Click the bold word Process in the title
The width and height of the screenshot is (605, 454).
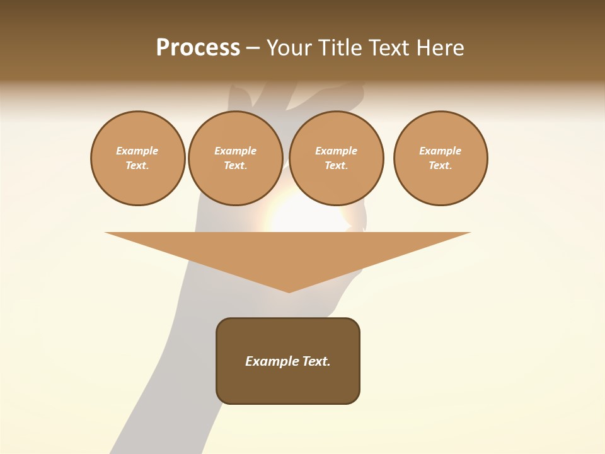(198, 48)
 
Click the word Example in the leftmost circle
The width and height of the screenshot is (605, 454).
(137, 151)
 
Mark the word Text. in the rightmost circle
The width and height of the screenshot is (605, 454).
(441, 166)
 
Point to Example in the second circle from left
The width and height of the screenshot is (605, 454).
(235, 151)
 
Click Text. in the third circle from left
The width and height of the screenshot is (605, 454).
(336, 166)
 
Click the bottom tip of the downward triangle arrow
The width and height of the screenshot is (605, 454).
(289, 291)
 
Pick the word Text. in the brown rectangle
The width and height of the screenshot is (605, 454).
(316, 361)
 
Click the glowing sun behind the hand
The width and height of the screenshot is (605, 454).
(296, 214)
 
